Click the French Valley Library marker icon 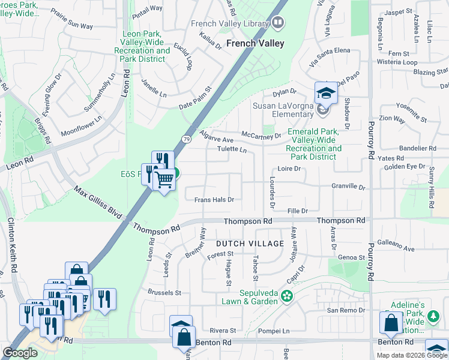277,23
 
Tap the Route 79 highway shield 186,140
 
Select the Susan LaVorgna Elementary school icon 325,94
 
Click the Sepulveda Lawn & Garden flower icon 288,296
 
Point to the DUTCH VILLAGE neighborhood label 250,243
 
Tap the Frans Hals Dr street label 213,199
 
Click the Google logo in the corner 20,352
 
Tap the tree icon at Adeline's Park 433,316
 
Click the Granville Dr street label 348,187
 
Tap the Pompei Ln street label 273,331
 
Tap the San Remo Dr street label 345,310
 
